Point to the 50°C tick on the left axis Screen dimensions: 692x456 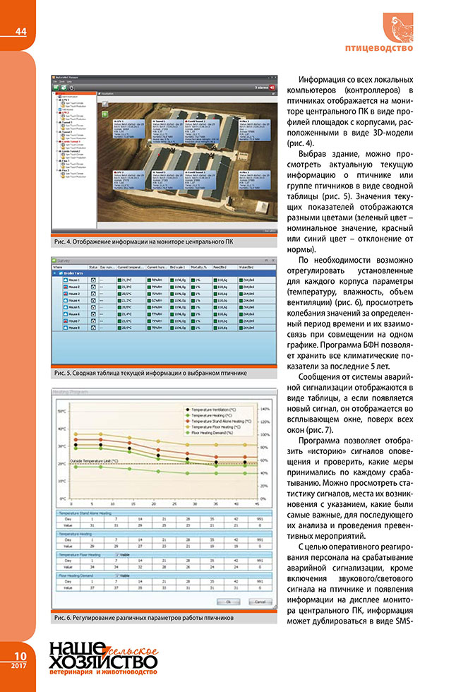(61, 410)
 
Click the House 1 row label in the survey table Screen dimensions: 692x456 (72, 280)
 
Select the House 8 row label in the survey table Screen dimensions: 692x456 (72, 348)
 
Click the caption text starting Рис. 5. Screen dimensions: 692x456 (148, 371)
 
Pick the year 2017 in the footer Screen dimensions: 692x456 (16, 666)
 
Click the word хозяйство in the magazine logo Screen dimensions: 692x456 (102, 664)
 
